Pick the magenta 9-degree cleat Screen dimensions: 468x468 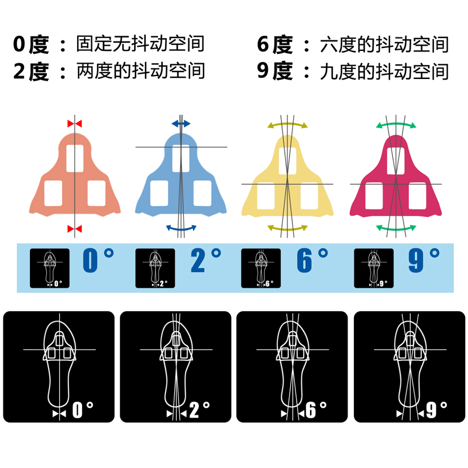click(x=395, y=175)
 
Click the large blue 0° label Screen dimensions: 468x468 click(x=97, y=261)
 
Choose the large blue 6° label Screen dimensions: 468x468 click(x=311, y=261)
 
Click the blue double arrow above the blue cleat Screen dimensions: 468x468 click(x=181, y=123)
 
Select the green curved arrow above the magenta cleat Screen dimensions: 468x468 click(x=396, y=123)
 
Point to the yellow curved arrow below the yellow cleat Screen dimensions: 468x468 click(x=287, y=227)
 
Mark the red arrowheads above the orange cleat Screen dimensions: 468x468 click(x=75, y=123)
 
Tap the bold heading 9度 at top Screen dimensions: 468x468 click(x=275, y=71)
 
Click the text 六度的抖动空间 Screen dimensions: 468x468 click(x=384, y=44)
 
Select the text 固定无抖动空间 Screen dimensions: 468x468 click(x=140, y=44)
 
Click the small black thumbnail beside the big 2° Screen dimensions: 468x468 click(x=155, y=269)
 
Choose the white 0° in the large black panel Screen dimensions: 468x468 click(x=82, y=409)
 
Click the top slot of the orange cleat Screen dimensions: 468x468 click(x=75, y=158)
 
